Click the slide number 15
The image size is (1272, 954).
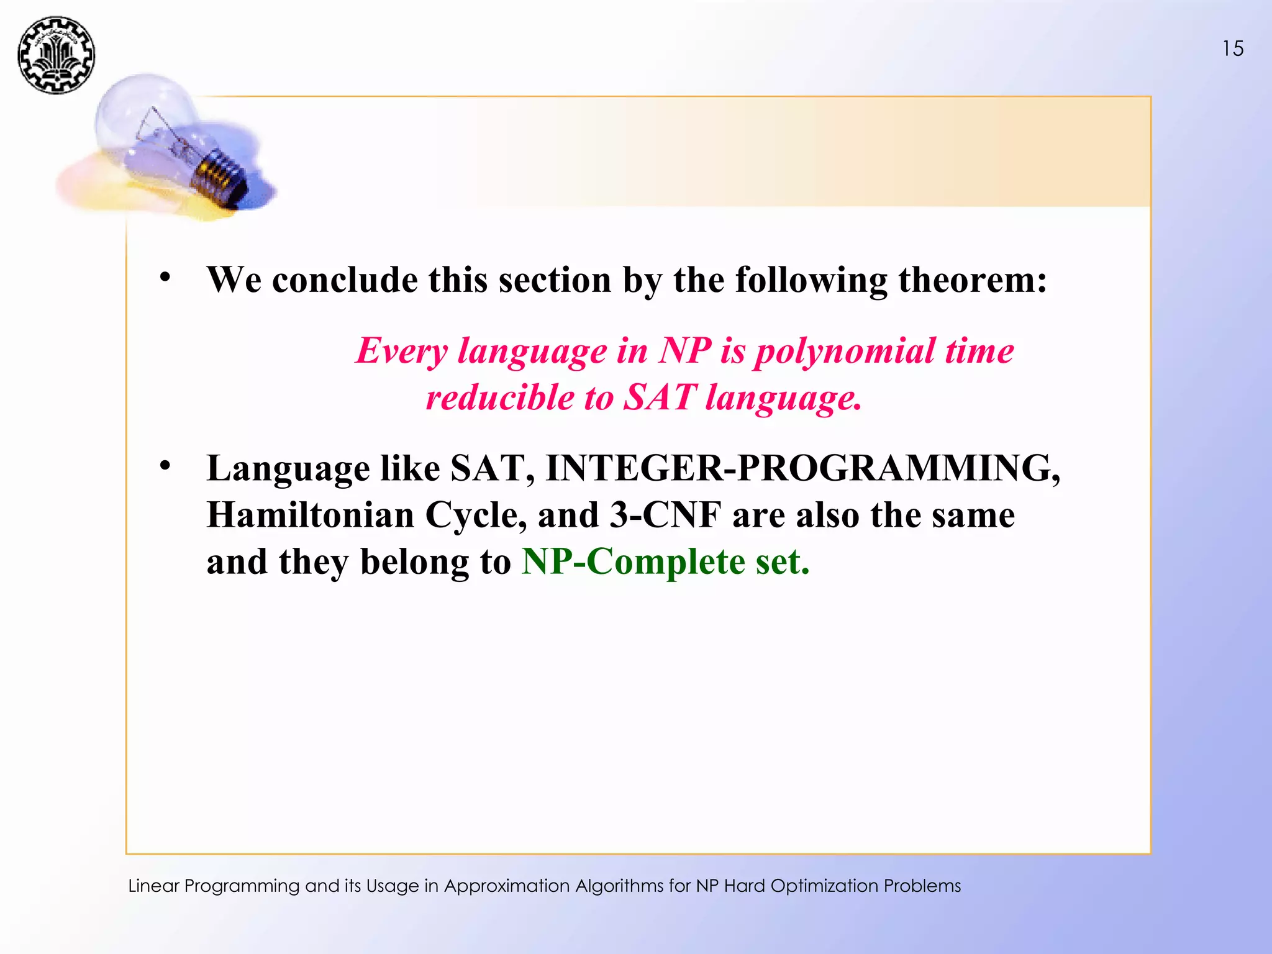tap(1233, 48)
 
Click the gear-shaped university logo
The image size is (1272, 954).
tap(57, 55)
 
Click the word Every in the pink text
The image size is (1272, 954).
tap(401, 352)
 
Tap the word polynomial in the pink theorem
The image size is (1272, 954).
tap(845, 352)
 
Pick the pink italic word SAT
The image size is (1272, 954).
tap(659, 398)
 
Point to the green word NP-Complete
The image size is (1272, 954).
tap(633, 562)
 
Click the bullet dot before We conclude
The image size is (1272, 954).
tap(165, 276)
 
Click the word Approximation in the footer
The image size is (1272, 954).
tap(507, 886)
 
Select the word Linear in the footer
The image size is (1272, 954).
tap(153, 886)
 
